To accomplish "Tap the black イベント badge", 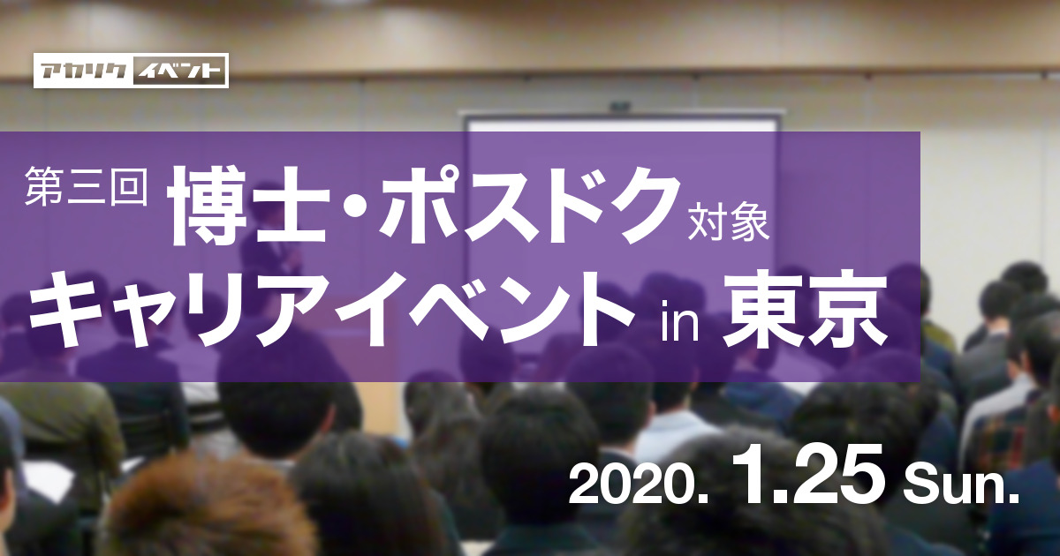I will coord(179,71).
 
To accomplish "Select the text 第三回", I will coord(86,188).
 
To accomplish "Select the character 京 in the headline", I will coord(847,312).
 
